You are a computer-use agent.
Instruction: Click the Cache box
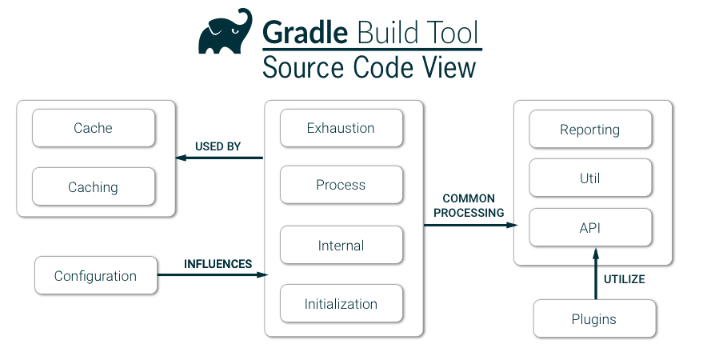click(93, 128)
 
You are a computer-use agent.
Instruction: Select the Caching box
click(93, 187)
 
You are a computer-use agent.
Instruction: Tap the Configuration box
click(95, 276)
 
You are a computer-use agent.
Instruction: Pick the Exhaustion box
click(341, 128)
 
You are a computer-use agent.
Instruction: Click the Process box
click(341, 185)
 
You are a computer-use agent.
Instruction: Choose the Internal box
click(341, 246)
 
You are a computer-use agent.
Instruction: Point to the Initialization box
click(341, 304)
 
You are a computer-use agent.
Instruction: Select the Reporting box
click(589, 130)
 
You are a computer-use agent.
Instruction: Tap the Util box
click(589, 178)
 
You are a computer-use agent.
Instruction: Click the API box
click(589, 228)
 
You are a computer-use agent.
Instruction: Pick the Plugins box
click(594, 319)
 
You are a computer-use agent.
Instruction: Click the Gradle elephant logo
click(226, 33)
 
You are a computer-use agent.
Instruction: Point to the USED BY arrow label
click(218, 146)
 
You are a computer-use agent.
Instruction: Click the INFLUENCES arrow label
click(218, 264)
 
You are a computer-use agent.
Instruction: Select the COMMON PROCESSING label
click(469, 206)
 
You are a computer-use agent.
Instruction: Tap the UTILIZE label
click(624, 280)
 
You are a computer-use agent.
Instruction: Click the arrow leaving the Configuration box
click(212, 275)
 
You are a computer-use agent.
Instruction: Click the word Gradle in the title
click(306, 34)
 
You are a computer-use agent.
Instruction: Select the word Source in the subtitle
click(303, 67)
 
